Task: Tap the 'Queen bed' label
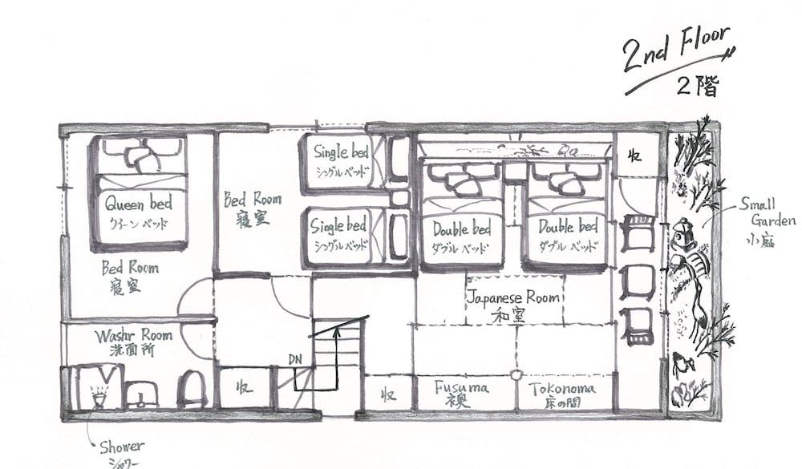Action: (x=138, y=204)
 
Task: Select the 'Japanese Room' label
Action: (x=513, y=297)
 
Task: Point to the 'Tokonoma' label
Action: (x=562, y=389)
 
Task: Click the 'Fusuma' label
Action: (x=461, y=388)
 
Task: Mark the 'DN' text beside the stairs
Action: (x=295, y=362)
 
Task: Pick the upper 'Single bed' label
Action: (x=340, y=152)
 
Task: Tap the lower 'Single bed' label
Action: (x=340, y=227)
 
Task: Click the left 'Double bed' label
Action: (x=461, y=228)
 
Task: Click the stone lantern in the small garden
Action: (x=683, y=237)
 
